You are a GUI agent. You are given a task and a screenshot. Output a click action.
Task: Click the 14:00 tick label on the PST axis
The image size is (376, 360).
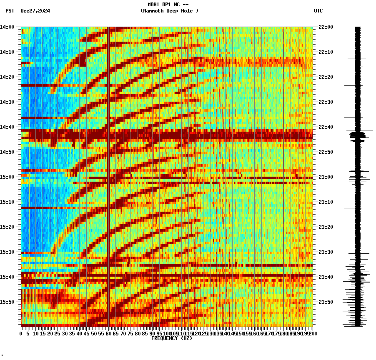[x=7, y=27]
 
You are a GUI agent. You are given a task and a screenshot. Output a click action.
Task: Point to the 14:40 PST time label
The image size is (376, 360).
[x=7, y=127]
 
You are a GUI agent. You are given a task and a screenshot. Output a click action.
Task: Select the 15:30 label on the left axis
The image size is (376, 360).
[x=7, y=252]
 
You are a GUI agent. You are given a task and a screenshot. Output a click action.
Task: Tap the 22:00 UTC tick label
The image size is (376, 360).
[x=326, y=27]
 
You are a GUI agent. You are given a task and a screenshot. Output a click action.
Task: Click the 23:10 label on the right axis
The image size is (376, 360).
[x=326, y=202]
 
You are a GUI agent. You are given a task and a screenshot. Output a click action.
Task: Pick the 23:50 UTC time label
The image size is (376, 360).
[x=326, y=302]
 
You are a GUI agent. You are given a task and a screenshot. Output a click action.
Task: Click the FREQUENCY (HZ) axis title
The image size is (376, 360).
[x=172, y=338]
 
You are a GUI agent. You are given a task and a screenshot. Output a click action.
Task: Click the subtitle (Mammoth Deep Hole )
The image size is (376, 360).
[x=169, y=11]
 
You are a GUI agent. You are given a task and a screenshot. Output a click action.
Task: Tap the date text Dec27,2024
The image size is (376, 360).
[x=35, y=11]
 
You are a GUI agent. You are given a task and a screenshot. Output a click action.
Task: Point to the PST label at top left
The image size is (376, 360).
[x=10, y=11]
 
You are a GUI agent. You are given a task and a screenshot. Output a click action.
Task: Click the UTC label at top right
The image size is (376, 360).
[x=318, y=11]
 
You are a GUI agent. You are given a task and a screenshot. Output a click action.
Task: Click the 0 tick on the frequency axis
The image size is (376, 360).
[x=21, y=333]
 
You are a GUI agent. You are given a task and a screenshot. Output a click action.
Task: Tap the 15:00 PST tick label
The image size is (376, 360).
[x=7, y=177]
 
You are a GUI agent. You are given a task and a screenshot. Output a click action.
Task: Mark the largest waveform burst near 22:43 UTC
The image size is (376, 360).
[x=358, y=134]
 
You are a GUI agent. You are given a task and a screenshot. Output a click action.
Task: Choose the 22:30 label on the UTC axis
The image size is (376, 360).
[x=326, y=102]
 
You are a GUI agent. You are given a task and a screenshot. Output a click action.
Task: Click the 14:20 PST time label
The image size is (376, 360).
[x=7, y=77]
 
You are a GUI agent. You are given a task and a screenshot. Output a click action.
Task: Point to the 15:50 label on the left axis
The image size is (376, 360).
[x=7, y=302]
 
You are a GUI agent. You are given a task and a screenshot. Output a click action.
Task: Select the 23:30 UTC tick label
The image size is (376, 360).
[x=326, y=252]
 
